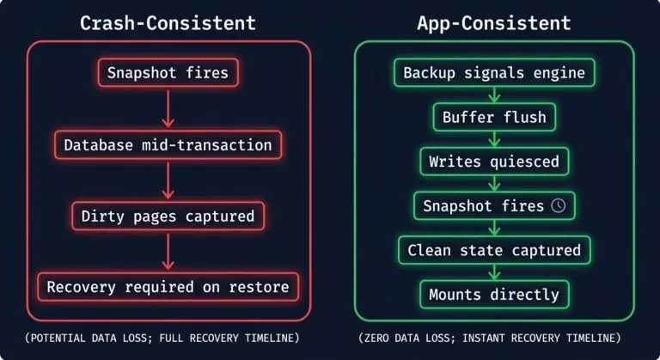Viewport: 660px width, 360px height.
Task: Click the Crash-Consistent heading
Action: [168, 22]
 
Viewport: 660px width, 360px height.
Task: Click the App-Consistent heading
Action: [494, 22]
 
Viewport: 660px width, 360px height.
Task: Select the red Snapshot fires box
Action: [168, 73]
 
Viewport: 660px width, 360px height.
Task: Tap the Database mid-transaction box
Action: [168, 144]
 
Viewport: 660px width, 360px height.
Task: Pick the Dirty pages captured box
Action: [168, 216]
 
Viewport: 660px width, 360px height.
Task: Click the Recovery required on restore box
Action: [168, 287]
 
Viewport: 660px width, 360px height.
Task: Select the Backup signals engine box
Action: [494, 73]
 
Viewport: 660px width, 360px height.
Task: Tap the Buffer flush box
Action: [494, 117]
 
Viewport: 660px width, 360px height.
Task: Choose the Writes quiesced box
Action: [494, 162]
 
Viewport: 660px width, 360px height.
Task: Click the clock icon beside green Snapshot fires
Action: [558, 206]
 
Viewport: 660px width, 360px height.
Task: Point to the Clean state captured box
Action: [494, 251]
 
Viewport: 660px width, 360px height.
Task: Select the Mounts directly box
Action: [494, 295]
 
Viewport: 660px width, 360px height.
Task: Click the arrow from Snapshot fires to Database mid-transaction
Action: [168, 108]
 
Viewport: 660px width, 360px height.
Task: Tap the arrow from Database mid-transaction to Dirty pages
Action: [168, 180]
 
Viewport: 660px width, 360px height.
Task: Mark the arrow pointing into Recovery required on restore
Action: [168, 251]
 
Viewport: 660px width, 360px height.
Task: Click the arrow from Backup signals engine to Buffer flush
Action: [494, 95]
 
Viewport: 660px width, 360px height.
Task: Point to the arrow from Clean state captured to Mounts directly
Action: [494, 272]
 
